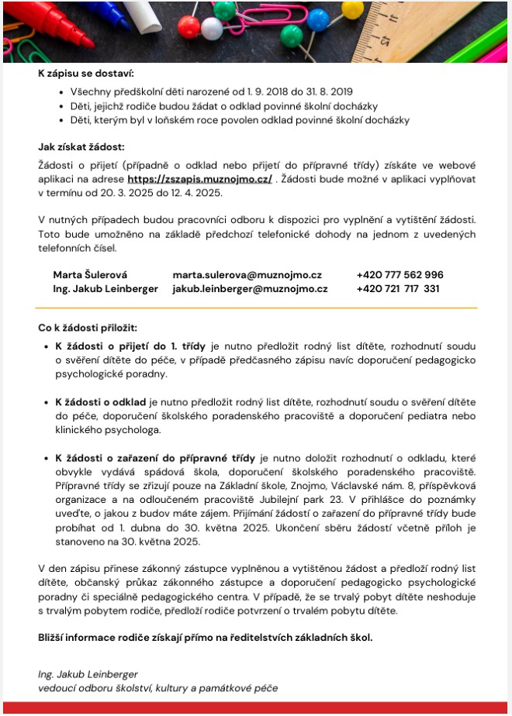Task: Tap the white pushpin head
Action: [x=212, y=29]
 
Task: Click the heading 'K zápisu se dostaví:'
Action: [x=86, y=74]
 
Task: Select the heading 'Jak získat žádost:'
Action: [x=81, y=146]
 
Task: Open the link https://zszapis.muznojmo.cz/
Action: [x=199, y=179]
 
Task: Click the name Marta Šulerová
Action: [x=90, y=275]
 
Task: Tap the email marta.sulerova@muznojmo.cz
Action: [x=247, y=275]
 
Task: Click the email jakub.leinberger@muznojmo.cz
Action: [x=250, y=289]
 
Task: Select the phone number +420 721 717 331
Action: [x=398, y=289]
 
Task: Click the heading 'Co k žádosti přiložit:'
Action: [x=88, y=329]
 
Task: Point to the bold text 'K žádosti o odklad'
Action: [x=100, y=402]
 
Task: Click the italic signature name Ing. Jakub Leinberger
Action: [x=88, y=674]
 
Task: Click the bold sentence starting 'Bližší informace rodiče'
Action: [x=206, y=638]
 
